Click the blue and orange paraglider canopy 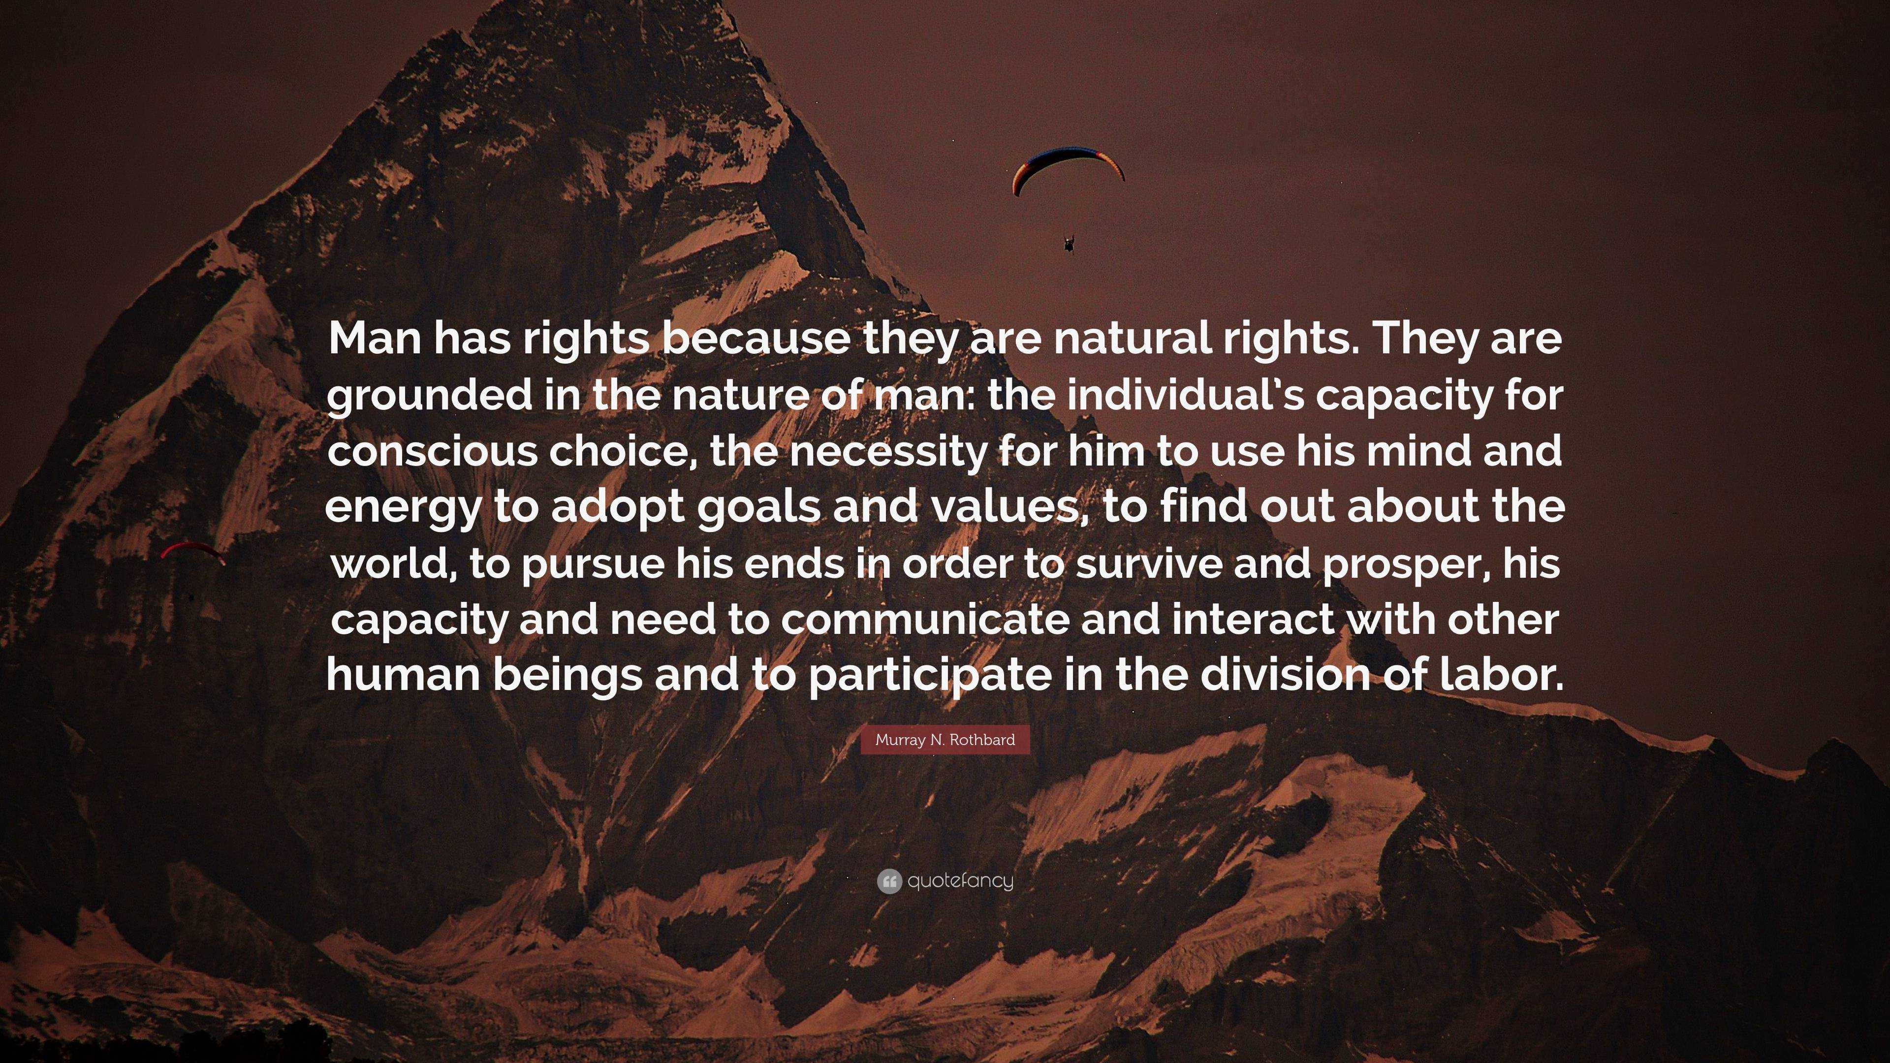[x=1068, y=167]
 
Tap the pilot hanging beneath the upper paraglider [x=1068, y=242]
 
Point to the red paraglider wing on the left [x=192, y=550]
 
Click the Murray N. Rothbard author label [x=945, y=740]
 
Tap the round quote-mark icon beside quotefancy [x=888, y=881]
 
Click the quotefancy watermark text [x=960, y=881]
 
